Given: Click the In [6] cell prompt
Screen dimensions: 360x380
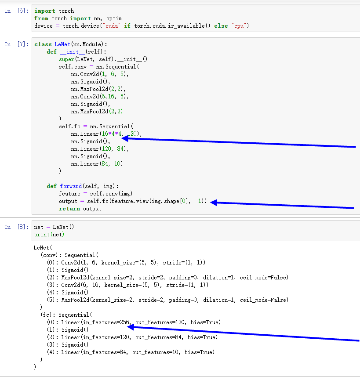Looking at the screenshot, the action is [15, 11].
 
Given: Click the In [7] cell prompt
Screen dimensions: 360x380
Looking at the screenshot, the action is [15, 44].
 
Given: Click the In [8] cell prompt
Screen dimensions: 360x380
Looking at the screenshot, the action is [15, 227].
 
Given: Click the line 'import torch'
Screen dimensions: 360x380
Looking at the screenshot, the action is [54, 11].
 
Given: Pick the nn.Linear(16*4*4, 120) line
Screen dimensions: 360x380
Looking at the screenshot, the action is [106, 134].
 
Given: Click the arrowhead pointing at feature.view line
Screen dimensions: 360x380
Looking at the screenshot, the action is [213, 203].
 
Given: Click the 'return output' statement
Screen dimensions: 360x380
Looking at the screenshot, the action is [80, 209].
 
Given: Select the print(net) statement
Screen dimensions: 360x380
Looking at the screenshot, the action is [49, 235].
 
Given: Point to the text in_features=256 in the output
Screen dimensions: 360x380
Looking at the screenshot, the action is [106, 322].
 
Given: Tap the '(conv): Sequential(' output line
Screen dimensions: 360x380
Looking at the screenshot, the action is [69, 255].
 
